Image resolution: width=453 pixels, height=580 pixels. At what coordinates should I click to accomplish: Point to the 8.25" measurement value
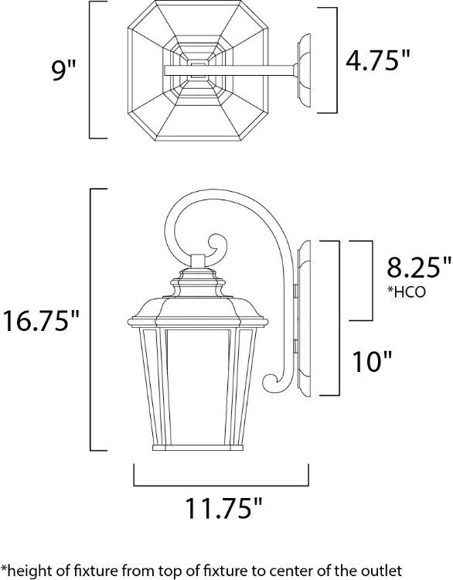click(x=418, y=268)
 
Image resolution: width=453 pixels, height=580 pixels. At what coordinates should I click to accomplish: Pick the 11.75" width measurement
click(x=223, y=510)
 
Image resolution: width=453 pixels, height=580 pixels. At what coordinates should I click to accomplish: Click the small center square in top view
click(x=198, y=72)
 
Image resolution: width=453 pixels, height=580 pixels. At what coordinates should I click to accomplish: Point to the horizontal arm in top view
click(x=247, y=72)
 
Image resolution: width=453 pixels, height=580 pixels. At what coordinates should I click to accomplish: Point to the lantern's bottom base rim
click(x=198, y=447)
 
